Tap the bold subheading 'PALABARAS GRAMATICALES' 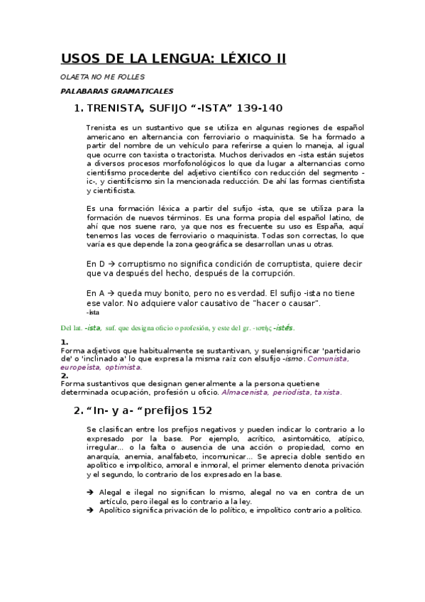(x=116, y=91)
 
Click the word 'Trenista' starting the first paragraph (x=101, y=127)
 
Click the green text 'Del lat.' (x=72, y=327)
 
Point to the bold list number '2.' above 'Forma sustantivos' (x=65, y=376)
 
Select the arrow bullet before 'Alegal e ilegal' (x=89, y=492)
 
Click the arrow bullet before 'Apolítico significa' (x=89, y=510)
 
